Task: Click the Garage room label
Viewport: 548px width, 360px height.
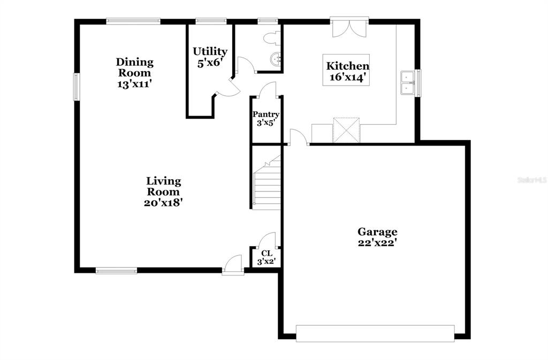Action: click(x=377, y=232)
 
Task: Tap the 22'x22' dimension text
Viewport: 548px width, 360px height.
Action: click(x=377, y=243)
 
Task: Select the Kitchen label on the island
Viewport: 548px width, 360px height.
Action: click(x=348, y=66)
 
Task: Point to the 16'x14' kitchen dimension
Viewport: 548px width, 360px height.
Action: click(x=349, y=77)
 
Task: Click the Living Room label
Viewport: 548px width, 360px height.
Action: click(x=163, y=186)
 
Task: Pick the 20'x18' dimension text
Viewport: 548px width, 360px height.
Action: click(x=164, y=203)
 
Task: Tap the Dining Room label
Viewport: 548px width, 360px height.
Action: click(x=134, y=67)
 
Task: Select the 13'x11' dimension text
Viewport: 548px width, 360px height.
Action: click(x=134, y=84)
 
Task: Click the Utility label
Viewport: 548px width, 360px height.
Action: click(x=210, y=51)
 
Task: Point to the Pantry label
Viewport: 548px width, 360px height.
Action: click(x=266, y=114)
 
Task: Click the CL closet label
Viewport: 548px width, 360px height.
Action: click(x=267, y=253)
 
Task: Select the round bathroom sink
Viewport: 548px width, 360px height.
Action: click(x=277, y=59)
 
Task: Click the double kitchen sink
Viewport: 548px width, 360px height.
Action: click(x=407, y=82)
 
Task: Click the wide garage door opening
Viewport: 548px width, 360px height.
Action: click(x=375, y=333)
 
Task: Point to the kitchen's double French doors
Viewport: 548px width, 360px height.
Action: click(x=349, y=27)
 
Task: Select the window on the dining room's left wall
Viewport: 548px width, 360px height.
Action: click(x=76, y=86)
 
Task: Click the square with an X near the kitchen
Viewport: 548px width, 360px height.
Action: click(x=346, y=130)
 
